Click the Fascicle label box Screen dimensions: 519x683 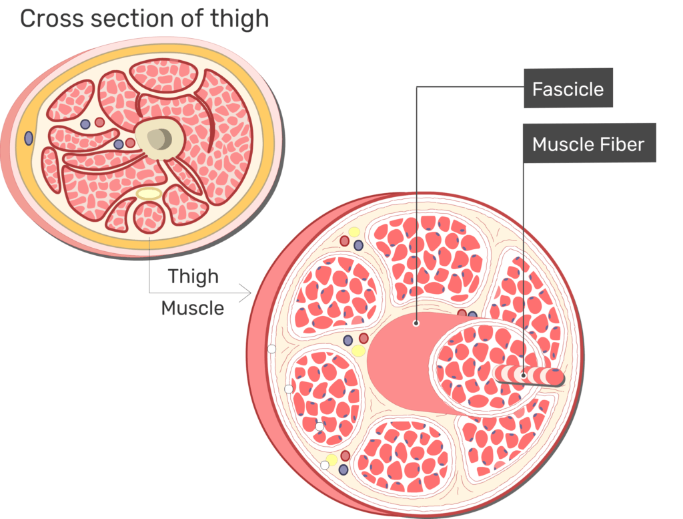(568, 89)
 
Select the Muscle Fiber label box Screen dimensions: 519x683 (588, 144)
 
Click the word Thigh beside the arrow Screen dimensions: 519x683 (193, 276)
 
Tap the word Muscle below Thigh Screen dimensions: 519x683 (193, 308)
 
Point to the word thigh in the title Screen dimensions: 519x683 (239, 18)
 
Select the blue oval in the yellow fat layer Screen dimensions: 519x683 (29, 138)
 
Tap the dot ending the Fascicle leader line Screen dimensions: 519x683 (416, 323)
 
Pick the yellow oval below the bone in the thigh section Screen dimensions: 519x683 (148, 194)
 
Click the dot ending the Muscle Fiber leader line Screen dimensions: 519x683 (524, 375)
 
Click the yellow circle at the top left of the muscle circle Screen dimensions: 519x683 (354, 232)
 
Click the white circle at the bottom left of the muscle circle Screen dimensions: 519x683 (325, 465)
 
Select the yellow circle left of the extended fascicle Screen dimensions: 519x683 (358, 351)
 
